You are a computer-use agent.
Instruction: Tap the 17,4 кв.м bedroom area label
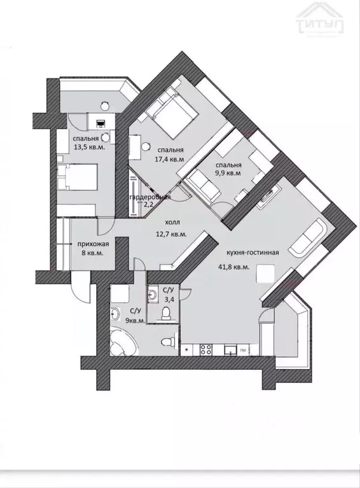pyautogui.click(x=170, y=159)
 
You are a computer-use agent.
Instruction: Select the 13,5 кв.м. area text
pyautogui.click(x=89, y=147)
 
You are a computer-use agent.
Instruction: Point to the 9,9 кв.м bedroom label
pyautogui.click(x=229, y=173)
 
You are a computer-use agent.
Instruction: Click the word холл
pyautogui.click(x=172, y=223)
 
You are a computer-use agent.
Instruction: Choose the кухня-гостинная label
pyautogui.click(x=253, y=253)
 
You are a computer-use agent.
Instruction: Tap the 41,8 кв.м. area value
pyautogui.click(x=234, y=267)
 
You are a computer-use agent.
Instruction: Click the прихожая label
pyautogui.click(x=93, y=244)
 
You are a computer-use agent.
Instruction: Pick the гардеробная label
pyautogui.click(x=150, y=197)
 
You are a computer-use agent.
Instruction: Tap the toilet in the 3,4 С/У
pyautogui.click(x=166, y=312)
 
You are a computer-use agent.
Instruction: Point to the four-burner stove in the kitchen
pyautogui.click(x=206, y=349)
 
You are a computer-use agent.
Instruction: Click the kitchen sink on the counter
pyautogui.click(x=230, y=349)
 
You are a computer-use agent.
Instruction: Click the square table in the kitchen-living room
pyautogui.click(x=265, y=273)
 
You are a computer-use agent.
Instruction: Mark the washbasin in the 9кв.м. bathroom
pyautogui.click(x=115, y=314)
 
